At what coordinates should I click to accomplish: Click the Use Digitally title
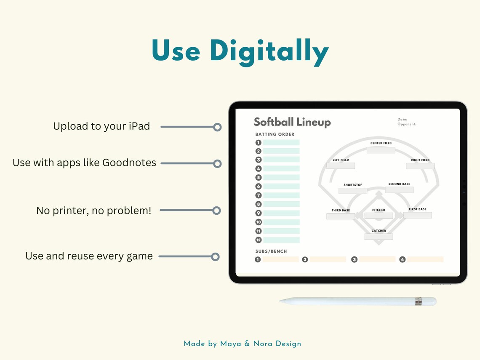click(x=240, y=51)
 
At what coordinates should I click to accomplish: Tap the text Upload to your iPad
click(x=101, y=126)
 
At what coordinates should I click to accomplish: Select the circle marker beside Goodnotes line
click(x=217, y=163)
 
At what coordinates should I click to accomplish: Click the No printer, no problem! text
click(x=93, y=211)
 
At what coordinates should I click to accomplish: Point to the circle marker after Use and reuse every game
click(x=216, y=256)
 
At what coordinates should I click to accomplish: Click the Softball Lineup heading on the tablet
click(x=292, y=122)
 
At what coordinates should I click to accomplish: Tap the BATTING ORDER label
click(x=275, y=134)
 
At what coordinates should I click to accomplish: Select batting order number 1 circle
click(x=259, y=143)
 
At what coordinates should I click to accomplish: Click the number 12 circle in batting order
click(x=259, y=240)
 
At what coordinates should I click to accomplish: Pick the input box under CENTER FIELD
click(x=381, y=150)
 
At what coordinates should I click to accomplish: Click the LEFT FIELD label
click(x=341, y=160)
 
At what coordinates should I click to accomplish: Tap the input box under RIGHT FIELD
click(x=420, y=166)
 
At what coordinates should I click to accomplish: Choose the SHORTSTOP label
click(x=353, y=185)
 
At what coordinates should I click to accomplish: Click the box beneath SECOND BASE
click(x=399, y=190)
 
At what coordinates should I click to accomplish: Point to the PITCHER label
click(x=379, y=210)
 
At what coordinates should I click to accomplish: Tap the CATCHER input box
click(x=379, y=236)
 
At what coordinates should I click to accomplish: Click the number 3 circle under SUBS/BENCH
click(x=354, y=260)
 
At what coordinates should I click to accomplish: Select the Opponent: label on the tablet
click(x=407, y=124)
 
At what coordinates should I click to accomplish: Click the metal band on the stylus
click(x=419, y=301)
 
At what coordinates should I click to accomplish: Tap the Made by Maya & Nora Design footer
click(x=243, y=344)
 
